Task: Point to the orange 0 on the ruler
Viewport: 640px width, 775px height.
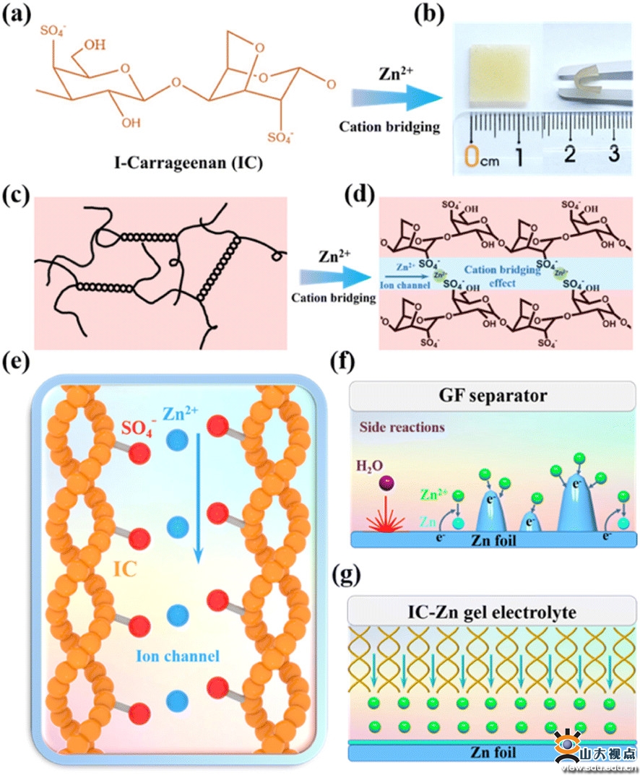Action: (x=472, y=155)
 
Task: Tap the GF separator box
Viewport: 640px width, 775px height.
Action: (x=492, y=396)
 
